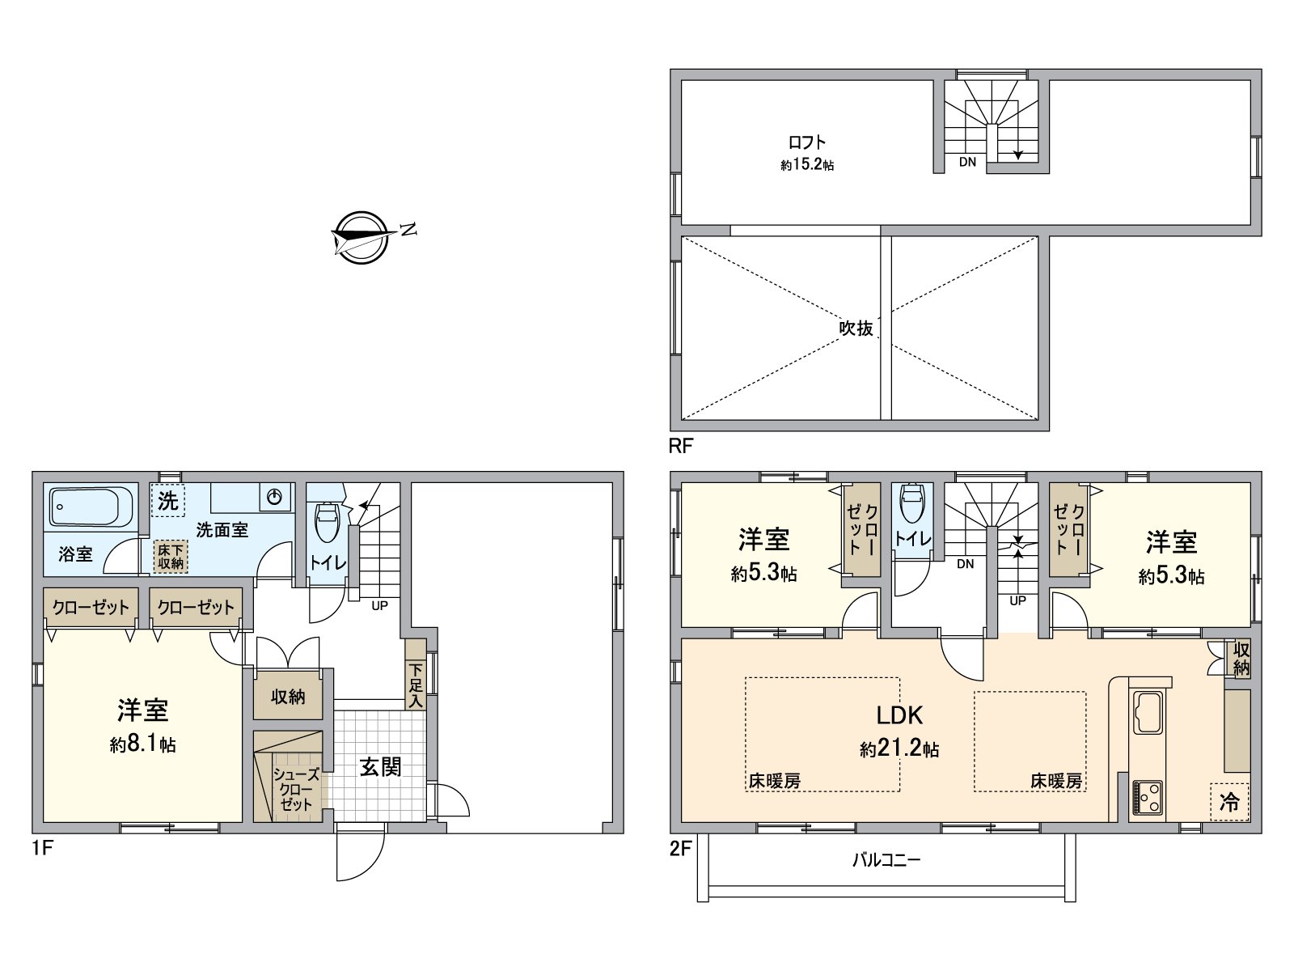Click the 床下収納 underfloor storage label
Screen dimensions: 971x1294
tap(171, 556)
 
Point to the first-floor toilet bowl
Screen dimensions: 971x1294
tap(328, 523)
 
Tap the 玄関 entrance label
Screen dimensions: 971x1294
tap(380, 766)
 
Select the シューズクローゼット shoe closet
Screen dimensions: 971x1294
tap(294, 788)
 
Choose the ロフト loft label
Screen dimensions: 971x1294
tap(807, 142)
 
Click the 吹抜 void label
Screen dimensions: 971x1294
tap(856, 329)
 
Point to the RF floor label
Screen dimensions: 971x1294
tap(680, 446)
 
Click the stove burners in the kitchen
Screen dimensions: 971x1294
tap(1148, 797)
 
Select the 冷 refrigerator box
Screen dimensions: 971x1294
tap(1228, 802)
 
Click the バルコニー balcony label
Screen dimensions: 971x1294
tap(886, 860)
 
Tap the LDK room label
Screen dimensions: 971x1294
tap(899, 714)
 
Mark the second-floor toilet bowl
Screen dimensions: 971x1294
tap(911, 506)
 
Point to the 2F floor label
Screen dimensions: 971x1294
tap(680, 849)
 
